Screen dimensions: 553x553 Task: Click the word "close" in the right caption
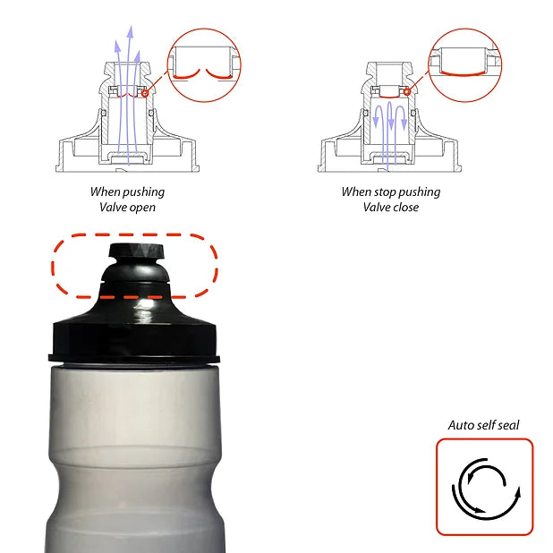[404, 207]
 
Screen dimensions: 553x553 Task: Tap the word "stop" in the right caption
[385, 192]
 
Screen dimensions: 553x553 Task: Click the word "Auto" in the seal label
[460, 425]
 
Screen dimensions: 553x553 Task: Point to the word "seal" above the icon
[508, 425]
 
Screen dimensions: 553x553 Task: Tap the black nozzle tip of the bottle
[136, 251]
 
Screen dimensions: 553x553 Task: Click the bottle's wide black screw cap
[134, 340]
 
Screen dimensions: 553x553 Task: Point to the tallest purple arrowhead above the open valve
[131, 31]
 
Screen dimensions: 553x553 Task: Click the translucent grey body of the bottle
[134, 458]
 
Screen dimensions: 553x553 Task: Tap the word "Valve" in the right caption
[376, 207]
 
